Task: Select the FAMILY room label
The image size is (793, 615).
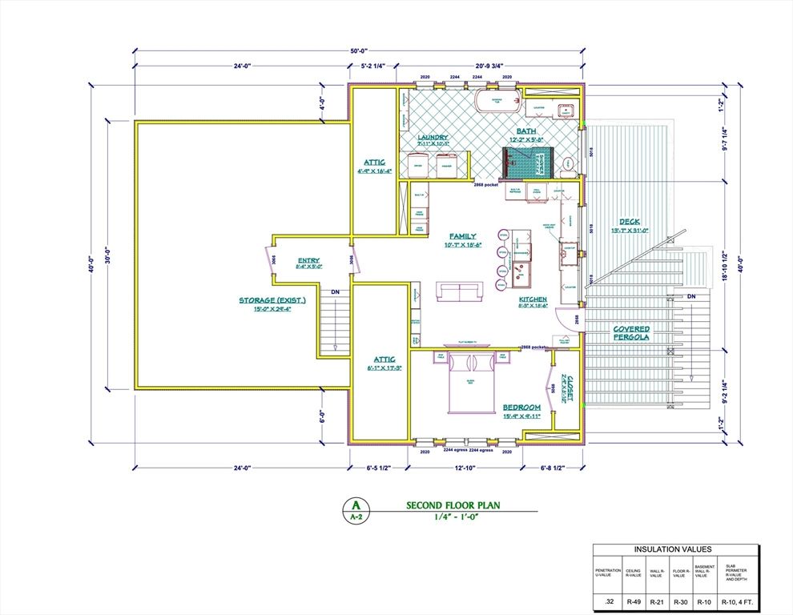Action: click(462, 236)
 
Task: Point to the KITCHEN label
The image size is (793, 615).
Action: click(532, 299)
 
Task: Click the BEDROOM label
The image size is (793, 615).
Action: click(522, 408)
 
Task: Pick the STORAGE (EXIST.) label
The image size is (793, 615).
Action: click(272, 300)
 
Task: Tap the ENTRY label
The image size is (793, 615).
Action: click(308, 260)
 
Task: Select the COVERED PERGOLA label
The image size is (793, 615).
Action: click(631, 333)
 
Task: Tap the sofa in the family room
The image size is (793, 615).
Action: click(459, 289)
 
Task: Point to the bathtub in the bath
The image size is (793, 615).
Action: click(497, 101)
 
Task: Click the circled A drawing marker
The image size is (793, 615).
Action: click(355, 505)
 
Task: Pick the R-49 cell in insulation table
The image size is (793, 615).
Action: click(634, 601)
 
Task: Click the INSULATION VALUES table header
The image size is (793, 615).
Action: click(673, 549)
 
